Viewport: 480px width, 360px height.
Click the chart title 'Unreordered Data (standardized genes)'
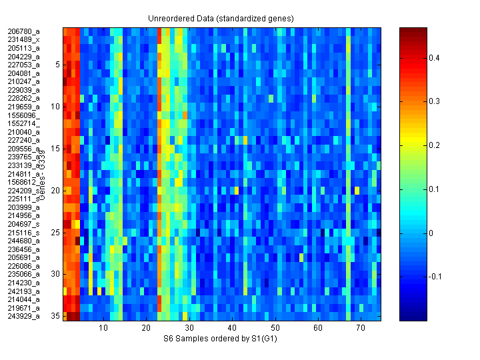(221, 18)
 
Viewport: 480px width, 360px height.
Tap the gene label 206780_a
(23, 31)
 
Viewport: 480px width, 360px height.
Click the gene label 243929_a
(23, 316)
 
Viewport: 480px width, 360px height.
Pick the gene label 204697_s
(23, 224)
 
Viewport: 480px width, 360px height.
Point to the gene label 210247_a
(23, 81)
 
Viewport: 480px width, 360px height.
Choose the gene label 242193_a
(23, 291)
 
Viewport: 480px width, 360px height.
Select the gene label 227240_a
(23, 140)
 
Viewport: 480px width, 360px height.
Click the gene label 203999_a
(23, 207)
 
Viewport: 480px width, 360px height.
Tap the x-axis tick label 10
(103, 329)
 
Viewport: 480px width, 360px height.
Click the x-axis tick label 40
(232, 329)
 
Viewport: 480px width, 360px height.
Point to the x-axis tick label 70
(361, 329)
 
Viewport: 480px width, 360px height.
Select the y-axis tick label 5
(58, 65)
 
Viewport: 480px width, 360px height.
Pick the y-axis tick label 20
(56, 191)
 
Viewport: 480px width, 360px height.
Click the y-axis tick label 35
(56, 316)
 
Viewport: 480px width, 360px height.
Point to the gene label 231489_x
(23, 40)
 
